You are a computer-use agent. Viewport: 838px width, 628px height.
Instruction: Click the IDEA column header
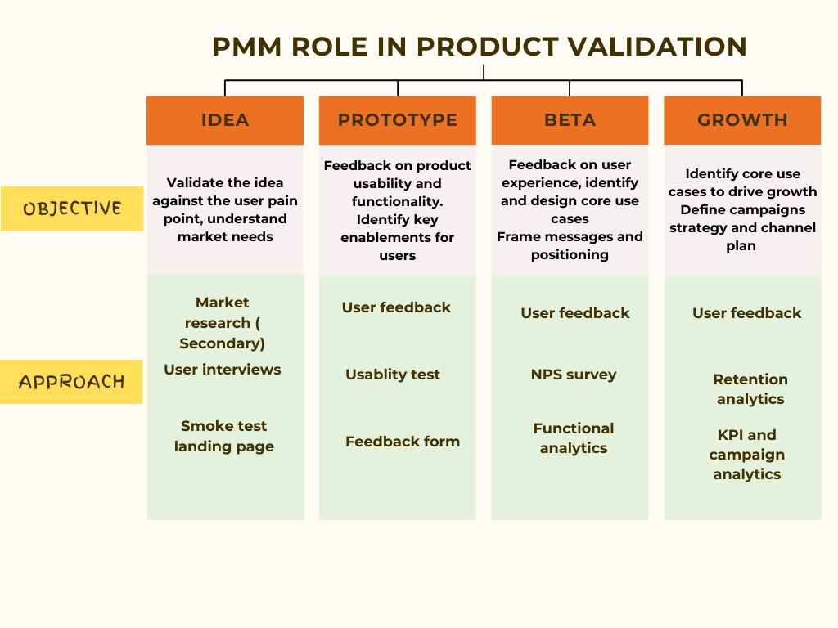click(x=225, y=120)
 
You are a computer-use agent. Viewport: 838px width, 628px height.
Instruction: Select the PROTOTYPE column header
click(x=398, y=120)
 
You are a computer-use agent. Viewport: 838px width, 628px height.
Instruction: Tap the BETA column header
click(x=570, y=120)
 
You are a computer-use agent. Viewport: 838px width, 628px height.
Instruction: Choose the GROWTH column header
click(x=742, y=120)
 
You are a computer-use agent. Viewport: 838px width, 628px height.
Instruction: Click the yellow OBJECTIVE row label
click(x=72, y=209)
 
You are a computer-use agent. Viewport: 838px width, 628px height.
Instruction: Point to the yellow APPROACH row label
click(x=72, y=382)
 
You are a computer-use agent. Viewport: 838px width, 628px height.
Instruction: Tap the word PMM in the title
click(x=246, y=47)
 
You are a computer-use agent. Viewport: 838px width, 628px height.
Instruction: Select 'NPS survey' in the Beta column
click(x=574, y=375)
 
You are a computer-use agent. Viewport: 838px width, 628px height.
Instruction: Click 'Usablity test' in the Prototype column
click(x=393, y=375)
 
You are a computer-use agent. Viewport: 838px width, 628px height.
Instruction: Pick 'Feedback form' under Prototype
click(x=403, y=442)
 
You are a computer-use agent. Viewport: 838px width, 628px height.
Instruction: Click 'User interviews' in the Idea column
click(x=223, y=370)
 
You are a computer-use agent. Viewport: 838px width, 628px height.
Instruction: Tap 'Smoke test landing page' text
click(x=224, y=436)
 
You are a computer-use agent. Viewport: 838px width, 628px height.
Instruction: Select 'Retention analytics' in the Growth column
click(x=750, y=389)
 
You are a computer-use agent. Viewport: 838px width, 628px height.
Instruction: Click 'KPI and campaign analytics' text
click(x=746, y=455)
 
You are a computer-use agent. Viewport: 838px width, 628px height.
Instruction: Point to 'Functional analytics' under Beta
click(x=574, y=438)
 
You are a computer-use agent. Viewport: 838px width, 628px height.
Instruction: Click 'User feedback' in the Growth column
click(x=747, y=313)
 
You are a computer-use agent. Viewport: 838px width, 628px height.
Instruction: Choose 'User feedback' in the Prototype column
click(x=396, y=307)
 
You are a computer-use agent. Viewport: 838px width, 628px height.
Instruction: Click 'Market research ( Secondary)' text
click(x=223, y=323)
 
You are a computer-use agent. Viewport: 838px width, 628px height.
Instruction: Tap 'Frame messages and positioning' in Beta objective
click(x=570, y=245)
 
